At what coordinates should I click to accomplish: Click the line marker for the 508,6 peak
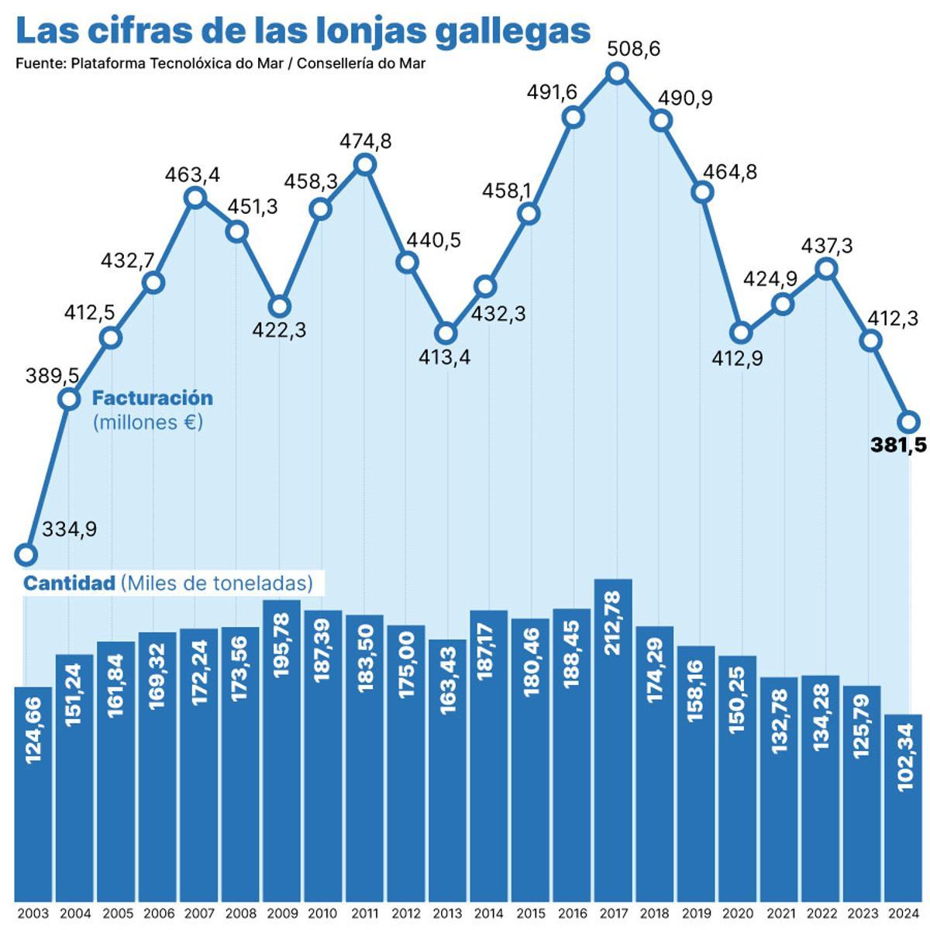coord(617,74)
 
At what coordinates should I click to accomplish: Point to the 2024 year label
coord(902,914)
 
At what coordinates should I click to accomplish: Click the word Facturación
coord(153,398)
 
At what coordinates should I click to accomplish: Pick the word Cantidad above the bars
coord(69,583)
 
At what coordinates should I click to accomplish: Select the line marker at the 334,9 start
coord(26,554)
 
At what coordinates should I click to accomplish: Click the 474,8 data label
coord(366,142)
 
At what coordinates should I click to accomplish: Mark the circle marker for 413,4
coord(446,333)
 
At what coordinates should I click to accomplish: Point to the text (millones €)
coord(147,423)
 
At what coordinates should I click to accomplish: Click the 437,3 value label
coord(827,246)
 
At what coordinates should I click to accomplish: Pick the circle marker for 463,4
coord(196,198)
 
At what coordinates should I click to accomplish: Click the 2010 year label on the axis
coord(322,914)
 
